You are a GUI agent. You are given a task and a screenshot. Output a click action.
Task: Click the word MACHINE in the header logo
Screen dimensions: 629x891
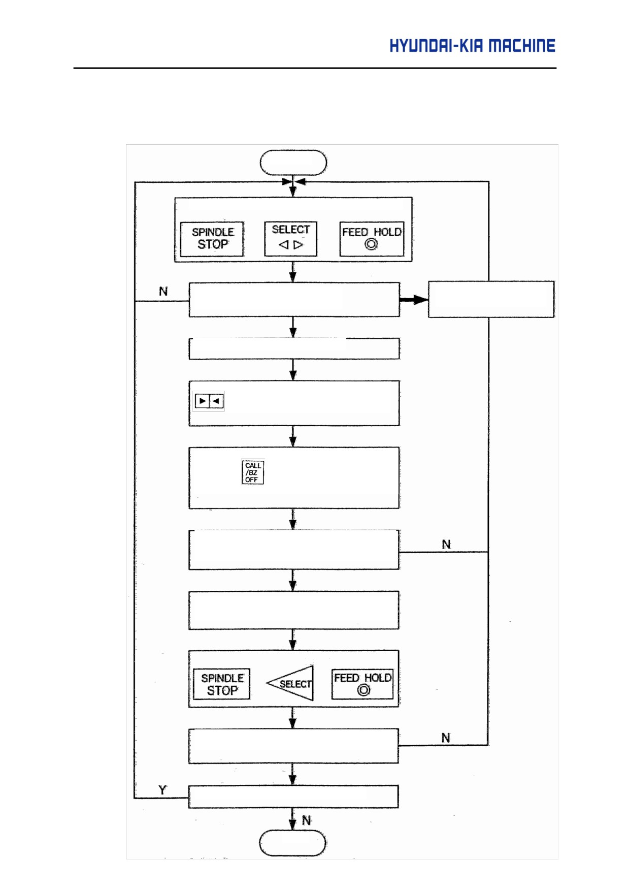[522, 46]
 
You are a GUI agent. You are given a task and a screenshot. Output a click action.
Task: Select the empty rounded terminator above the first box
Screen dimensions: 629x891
[293, 163]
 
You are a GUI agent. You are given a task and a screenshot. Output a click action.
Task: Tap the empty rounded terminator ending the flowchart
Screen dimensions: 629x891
[292, 843]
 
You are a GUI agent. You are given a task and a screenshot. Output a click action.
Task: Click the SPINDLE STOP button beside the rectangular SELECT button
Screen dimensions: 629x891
[212, 239]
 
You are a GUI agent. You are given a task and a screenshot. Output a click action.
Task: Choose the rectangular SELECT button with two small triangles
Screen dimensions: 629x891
[291, 238]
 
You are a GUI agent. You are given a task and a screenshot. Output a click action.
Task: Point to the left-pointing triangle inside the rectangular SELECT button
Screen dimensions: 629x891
[284, 245]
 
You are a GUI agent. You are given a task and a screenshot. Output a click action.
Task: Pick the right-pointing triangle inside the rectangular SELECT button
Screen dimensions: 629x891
[298, 245]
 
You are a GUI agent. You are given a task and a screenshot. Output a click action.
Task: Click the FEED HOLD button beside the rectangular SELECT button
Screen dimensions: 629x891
[372, 239]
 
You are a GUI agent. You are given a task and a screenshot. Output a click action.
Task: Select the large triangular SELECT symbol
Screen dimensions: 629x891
[290, 683]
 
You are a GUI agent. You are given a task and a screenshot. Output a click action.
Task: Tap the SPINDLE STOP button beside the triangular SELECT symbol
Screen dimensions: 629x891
[222, 684]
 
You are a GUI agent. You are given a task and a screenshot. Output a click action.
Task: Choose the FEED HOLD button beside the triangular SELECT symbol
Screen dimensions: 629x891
[362, 684]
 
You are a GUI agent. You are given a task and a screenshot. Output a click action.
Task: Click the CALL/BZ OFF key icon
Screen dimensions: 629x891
[253, 472]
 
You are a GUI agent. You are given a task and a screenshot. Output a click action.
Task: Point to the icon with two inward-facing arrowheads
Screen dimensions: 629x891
[210, 401]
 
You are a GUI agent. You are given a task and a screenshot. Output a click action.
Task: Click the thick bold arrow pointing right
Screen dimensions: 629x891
[414, 300]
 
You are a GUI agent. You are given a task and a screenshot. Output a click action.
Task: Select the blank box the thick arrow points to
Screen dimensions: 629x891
[491, 299]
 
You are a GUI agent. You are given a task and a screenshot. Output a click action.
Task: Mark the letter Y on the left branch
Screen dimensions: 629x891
[162, 790]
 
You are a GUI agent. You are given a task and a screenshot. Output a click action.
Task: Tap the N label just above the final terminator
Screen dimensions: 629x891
[307, 820]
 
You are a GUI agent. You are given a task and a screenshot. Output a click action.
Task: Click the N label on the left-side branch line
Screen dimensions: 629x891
[163, 292]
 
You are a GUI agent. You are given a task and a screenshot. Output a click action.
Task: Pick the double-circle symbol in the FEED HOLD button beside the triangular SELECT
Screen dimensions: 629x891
[363, 690]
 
